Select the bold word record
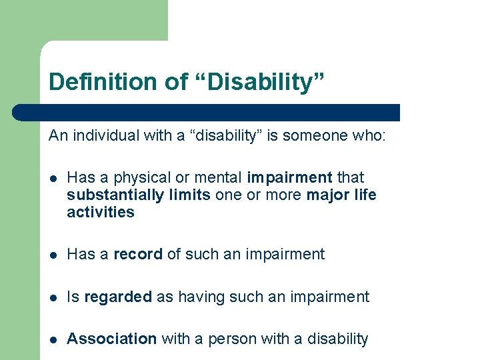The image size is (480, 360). [x=138, y=254]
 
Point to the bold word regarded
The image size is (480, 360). [x=118, y=297]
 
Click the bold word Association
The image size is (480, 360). [x=112, y=339]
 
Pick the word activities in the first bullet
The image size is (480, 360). [x=101, y=213]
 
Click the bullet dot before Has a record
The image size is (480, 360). [x=53, y=255]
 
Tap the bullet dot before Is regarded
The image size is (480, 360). [x=53, y=297]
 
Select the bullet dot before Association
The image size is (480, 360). [x=53, y=339]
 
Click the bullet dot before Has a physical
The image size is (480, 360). [x=53, y=178]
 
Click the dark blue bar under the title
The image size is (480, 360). [x=220, y=112]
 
